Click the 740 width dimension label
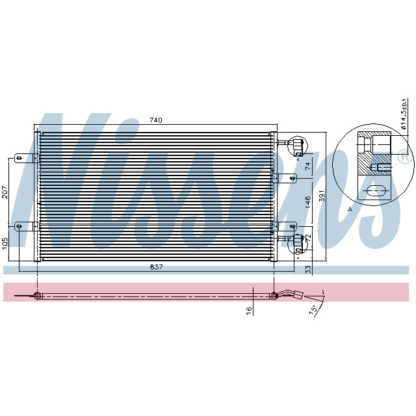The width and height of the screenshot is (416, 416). coord(155,120)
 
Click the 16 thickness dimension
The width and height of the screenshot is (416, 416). coord(249,311)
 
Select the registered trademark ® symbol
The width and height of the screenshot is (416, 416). coord(403,157)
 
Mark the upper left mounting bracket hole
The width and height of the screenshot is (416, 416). coord(19,157)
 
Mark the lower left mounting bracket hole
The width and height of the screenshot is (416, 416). coord(19,226)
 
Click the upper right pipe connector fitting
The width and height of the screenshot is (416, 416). coord(297,145)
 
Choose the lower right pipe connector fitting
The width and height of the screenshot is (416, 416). coord(298,243)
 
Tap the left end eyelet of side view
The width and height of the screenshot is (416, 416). coord(38,297)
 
